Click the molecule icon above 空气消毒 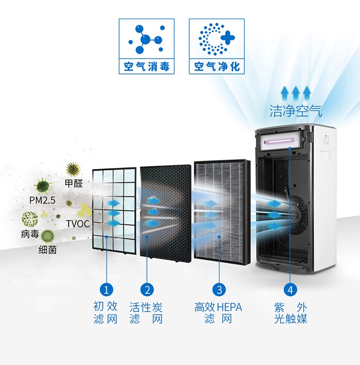coord(146,39)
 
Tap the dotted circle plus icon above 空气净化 coord(216,39)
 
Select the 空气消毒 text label coord(146,67)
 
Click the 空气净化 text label coord(217,67)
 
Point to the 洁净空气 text coord(296,111)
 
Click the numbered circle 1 coord(107,290)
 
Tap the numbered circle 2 coord(147,290)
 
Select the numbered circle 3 coord(219,290)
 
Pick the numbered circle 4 coord(290,290)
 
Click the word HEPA coord(229,307)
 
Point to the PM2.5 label coord(42,200)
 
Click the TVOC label coord(78,224)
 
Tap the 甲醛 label coord(74,183)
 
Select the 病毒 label coord(30,234)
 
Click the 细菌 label coord(48,250)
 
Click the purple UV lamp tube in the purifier coord(280,141)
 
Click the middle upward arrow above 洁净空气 coord(296,93)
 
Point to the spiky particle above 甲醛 coord(73,170)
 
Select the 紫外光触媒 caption coord(291,313)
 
